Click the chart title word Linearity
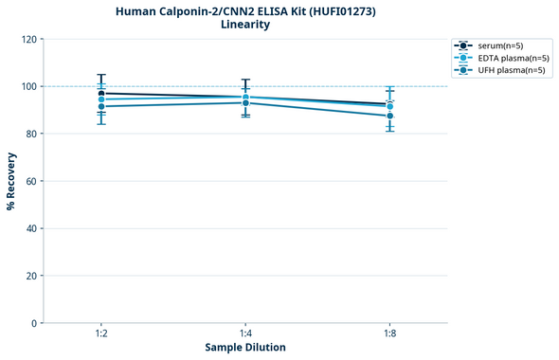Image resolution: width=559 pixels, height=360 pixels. (245, 25)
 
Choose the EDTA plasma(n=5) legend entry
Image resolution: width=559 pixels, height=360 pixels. (500, 58)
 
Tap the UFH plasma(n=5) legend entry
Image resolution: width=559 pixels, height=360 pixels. (500, 70)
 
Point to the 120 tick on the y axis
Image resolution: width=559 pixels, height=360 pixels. (28, 39)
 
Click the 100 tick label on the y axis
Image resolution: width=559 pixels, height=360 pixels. (28, 86)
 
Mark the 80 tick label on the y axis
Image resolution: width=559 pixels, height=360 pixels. (31, 134)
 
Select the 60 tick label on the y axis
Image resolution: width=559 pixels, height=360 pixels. (31, 181)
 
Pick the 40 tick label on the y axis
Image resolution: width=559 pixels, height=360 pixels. (31, 228)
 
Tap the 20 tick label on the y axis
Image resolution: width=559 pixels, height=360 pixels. (31, 276)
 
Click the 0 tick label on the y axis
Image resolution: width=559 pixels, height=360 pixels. (34, 323)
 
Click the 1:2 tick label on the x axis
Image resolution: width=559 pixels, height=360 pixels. (101, 334)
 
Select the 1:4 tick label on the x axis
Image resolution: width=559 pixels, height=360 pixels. (245, 334)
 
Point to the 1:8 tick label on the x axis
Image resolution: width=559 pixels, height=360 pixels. (389, 334)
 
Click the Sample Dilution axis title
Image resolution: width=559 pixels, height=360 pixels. (245, 348)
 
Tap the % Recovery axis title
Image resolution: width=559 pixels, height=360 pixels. (11, 181)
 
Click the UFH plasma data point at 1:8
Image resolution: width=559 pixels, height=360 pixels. (389, 116)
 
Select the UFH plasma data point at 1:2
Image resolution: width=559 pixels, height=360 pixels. (101, 106)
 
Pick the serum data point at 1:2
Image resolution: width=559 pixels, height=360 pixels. (101, 93)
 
